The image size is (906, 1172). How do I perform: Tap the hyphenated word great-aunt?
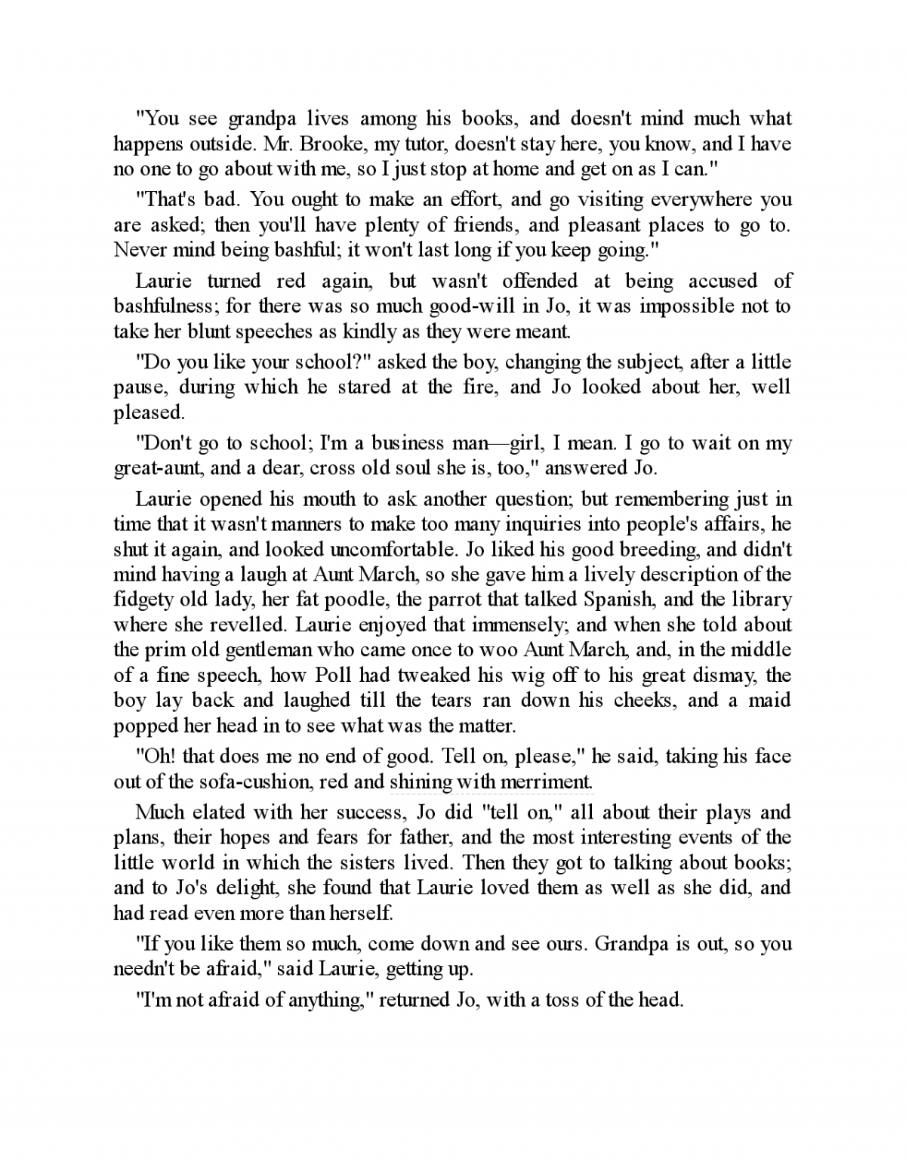pos(159,468)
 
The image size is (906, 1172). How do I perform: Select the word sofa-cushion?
pos(244,782)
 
